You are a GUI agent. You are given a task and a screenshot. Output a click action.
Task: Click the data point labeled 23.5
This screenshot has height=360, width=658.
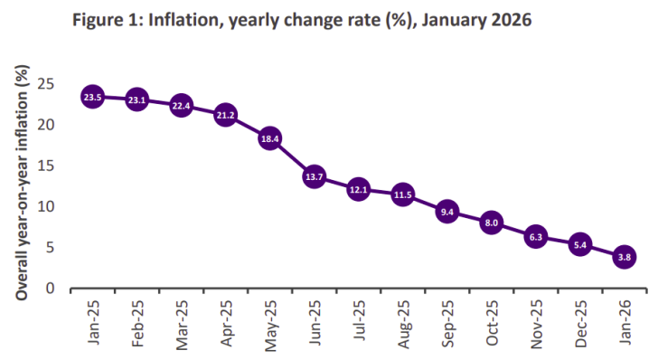point(92,96)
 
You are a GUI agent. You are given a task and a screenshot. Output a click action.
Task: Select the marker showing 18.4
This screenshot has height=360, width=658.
point(269,138)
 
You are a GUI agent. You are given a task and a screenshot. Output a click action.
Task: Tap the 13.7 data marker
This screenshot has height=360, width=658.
point(314,177)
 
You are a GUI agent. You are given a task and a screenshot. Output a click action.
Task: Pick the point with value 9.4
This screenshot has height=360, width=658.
point(446,212)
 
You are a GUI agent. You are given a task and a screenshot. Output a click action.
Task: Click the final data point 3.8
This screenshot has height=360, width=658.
point(624,257)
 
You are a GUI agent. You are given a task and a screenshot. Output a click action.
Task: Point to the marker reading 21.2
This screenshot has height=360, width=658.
point(225,115)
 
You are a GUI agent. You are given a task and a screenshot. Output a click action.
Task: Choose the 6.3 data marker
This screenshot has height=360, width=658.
point(535,237)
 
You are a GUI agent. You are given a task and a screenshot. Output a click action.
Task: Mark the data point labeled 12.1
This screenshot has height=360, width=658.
point(358,190)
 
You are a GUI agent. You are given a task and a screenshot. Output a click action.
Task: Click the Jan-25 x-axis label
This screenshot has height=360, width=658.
point(94,321)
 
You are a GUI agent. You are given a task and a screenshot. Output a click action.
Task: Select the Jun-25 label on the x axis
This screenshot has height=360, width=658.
point(315,321)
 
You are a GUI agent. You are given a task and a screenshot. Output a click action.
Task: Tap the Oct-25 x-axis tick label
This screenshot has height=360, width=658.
point(493,321)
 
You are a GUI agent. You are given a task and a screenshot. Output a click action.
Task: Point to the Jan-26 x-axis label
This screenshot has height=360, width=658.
point(625,321)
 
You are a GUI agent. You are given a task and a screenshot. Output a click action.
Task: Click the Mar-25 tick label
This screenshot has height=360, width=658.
point(183,321)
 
